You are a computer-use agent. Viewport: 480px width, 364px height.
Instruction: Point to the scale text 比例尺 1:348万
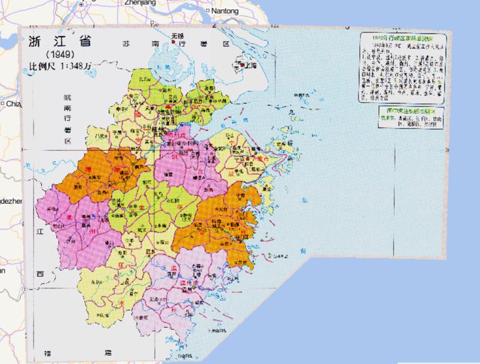(62, 66)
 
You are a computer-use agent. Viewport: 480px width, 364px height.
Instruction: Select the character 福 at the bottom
(48, 353)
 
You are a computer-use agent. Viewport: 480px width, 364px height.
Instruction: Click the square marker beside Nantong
(207, 11)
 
